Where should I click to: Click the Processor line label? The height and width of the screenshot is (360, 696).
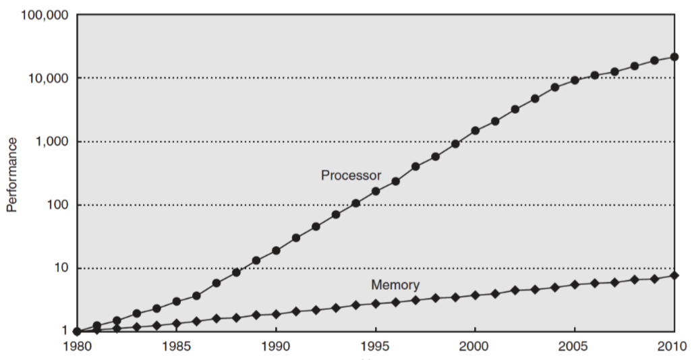pyautogui.click(x=351, y=175)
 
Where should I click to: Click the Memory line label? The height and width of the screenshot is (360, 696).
pyautogui.click(x=395, y=285)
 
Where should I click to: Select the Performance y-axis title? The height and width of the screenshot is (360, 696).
pyautogui.click(x=11, y=173)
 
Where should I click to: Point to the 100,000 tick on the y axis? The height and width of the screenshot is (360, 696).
pyautogui.click(x=41, y=16)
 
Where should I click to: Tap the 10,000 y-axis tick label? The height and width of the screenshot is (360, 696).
pyautogui.click(x=45, y=78)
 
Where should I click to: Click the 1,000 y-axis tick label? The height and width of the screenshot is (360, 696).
pyautogui.click(x=49, y=142)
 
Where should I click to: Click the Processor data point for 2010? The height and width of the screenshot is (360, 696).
pyautogui.click(x=674, y=57)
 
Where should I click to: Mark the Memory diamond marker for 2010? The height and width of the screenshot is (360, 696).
pyautogui.click(x=674, y=275)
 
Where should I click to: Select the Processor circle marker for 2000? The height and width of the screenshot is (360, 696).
pyautogui.click(x=475, y=130)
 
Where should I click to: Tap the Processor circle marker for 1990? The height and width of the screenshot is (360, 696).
pyautogui.click(x=276, y=250)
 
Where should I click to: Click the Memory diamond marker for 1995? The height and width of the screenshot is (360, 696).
pyautogui.click(x=376, y=303)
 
